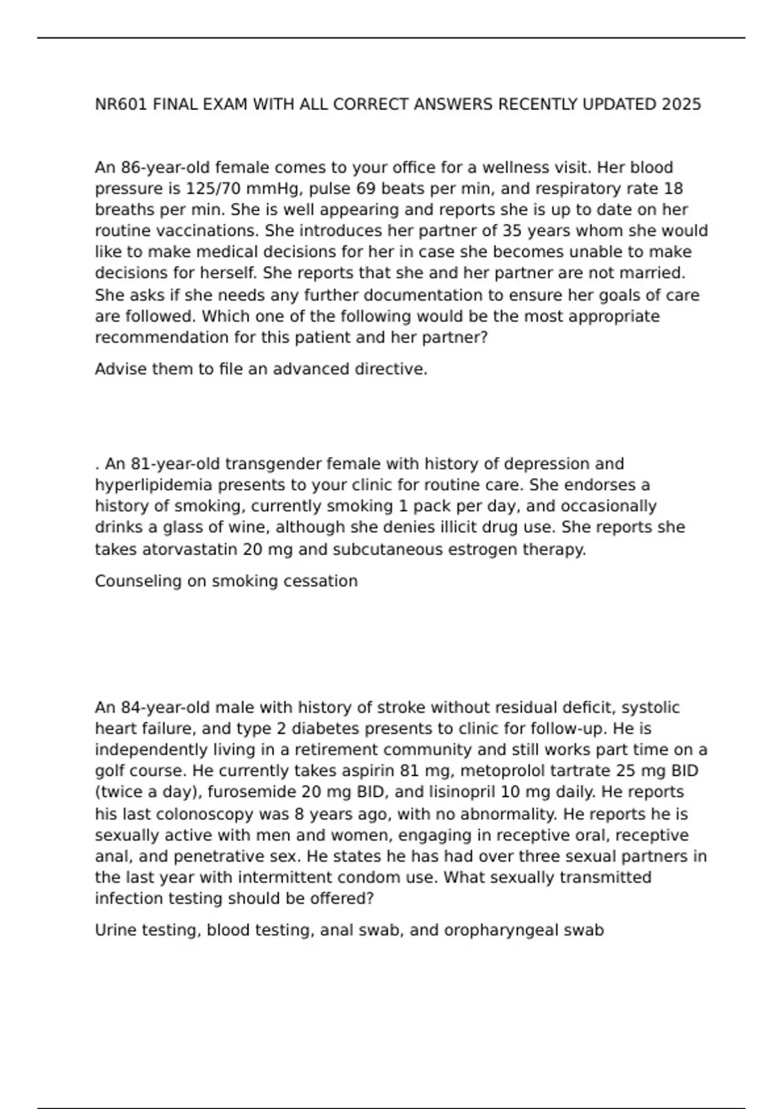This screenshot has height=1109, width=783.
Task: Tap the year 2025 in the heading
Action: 681,104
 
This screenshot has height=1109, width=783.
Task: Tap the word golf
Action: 108,770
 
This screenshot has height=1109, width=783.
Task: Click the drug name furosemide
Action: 156,792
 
